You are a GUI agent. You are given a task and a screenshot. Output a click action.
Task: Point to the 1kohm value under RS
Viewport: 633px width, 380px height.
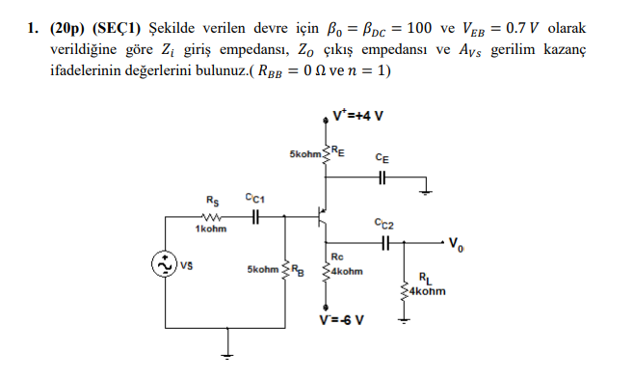210,230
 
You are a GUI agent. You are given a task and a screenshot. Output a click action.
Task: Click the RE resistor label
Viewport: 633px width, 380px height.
340,149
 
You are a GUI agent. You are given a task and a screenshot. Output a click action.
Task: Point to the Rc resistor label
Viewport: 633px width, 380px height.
336,257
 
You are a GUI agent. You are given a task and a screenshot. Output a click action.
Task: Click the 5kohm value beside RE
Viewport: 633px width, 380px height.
306,154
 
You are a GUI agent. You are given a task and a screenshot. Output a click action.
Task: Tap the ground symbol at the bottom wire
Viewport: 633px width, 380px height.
227,354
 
